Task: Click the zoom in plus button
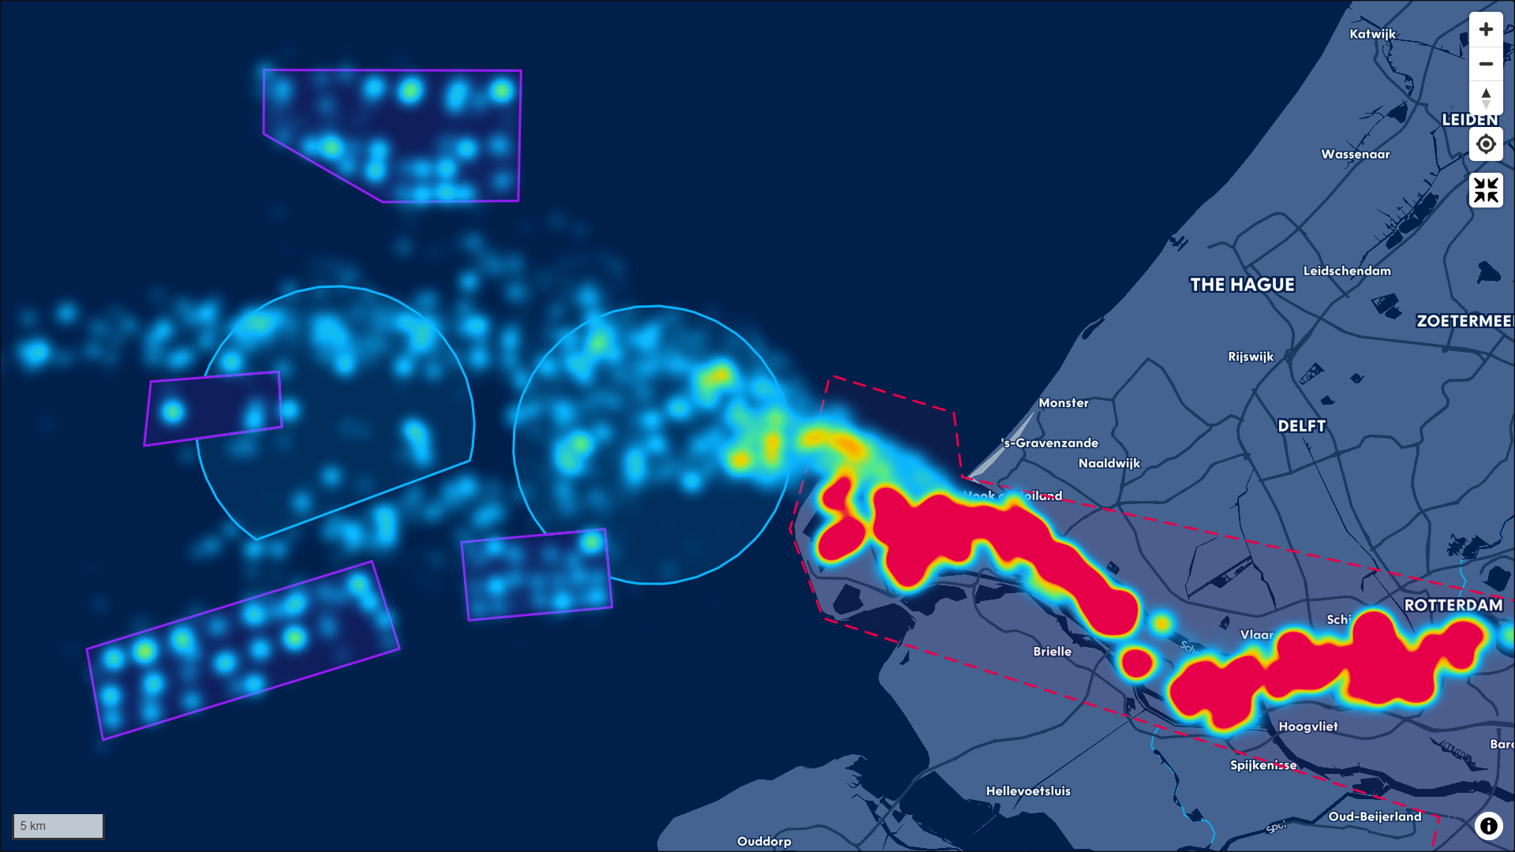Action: point(1486,30)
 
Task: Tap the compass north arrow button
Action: point(1486,98)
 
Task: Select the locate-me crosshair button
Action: point(1486,144)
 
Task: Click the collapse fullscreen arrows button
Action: point(1486,190)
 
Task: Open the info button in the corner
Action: point(1488,825)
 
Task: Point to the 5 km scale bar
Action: point(58,826)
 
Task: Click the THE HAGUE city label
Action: point(1242,285)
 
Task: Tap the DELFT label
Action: point(1301,426)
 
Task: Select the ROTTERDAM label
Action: point(1453,605)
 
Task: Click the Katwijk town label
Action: point(1372,34)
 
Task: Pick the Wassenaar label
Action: point(1355,154)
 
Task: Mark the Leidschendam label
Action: point(1346,271)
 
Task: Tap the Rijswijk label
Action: point(1250,357)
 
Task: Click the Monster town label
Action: point(1063,402)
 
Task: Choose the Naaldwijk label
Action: point(1109,463)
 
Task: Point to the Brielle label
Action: point(1052,651)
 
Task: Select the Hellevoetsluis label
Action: point(1027,790)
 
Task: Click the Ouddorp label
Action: point(763,841)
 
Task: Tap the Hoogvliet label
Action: point(1307,727)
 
